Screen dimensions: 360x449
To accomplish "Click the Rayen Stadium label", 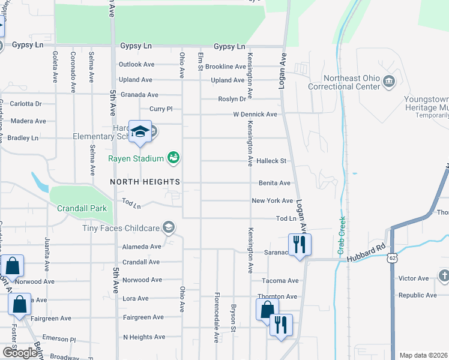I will pyautogui.click(x=136, y=158).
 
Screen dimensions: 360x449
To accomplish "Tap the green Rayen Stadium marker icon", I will pyautogui.click(x=173, y=158).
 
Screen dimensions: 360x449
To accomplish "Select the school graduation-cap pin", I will pyautogui.click(x=140, y=132).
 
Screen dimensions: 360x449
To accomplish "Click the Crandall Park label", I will pyautogui.click(x=82, y=208).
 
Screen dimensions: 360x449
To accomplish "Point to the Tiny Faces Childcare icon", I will pyautogui.click(x=169, y=227).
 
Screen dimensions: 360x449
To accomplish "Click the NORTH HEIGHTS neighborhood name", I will pyautogui.click(x=145, y=181).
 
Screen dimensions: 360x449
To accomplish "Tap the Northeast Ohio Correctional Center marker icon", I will pyautogui.click(x=389, y=82).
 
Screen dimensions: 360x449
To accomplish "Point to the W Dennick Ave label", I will pyautogui.click(x=255, y=114).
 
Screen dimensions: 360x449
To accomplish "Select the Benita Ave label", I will pyautogui.click(x=274, y=183).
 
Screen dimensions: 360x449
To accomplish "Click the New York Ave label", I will pyautogui.click(x=272, y=201).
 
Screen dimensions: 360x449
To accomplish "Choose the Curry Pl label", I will pyautogui.click(x=161, y=109).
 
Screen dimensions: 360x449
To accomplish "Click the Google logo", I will pyautogui.click(x=19, y=353).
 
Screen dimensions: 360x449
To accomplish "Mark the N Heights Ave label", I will pyautogui.click(x=143, y=337).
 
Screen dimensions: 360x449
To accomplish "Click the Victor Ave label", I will pyautogui.click(x=414, y=278).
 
